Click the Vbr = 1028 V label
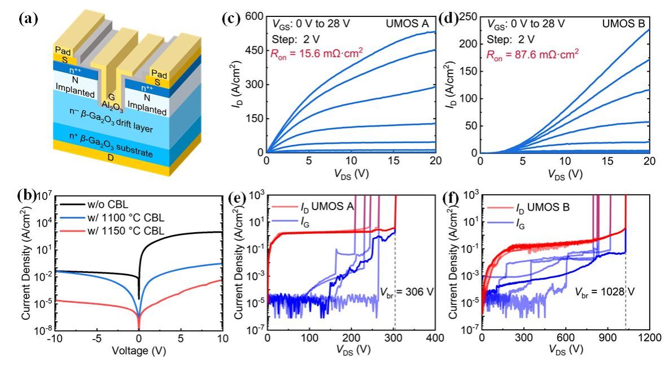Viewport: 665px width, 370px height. pos(598,293)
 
